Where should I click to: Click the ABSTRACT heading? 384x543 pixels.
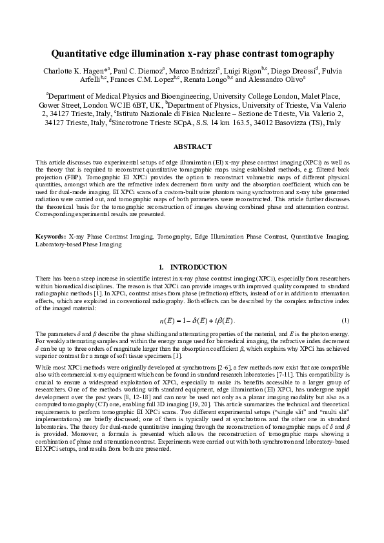click(192, 146)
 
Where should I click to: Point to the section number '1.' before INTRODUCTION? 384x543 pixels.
click(161, 267)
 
